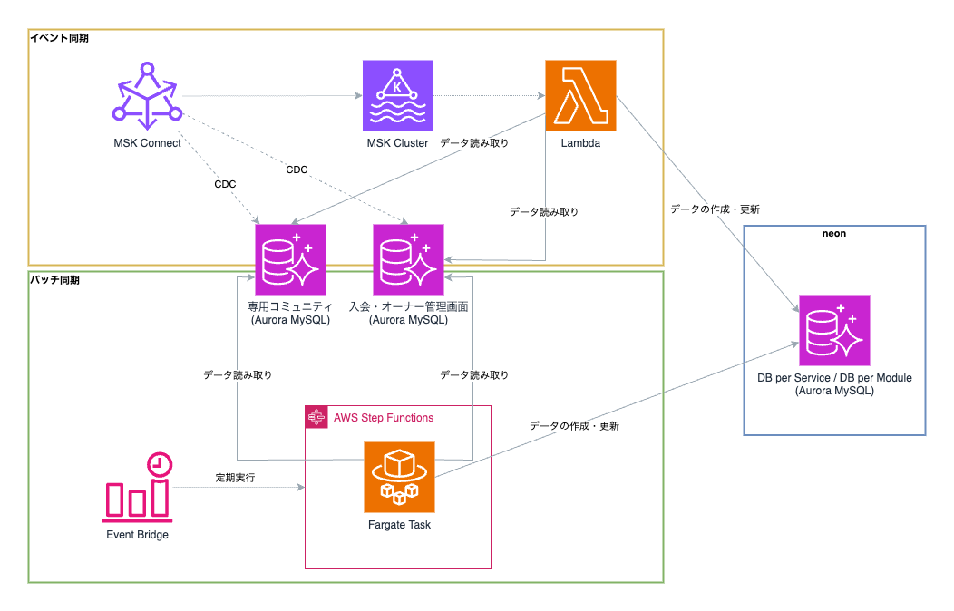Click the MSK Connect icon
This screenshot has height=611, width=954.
147,95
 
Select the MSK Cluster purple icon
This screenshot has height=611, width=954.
397,95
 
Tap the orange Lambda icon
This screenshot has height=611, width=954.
580,95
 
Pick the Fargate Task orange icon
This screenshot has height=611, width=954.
399,477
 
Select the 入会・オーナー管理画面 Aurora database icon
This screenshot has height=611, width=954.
408,259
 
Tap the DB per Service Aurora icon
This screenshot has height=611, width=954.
834,330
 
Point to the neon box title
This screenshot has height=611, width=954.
834,234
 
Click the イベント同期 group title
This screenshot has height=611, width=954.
60,38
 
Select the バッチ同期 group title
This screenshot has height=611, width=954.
55,280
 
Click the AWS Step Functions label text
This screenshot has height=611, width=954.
384,418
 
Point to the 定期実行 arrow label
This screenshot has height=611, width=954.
234,477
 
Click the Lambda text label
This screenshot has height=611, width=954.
580,143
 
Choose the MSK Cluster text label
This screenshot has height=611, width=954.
397,143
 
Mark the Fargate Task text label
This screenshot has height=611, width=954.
399,525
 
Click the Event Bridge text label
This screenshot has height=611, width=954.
138,535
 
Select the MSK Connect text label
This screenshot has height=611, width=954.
147,143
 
